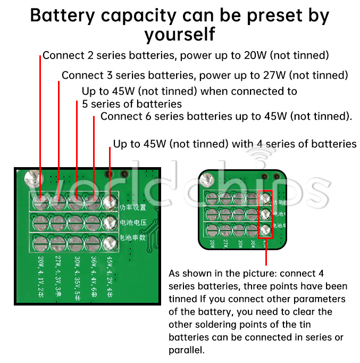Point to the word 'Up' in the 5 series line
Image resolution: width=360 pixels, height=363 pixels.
pos(89,92)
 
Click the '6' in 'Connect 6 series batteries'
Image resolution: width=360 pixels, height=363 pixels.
pos(145,116)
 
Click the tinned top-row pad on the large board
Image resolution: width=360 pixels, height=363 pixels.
pos(110,202)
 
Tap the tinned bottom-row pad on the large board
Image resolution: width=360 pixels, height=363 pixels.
pos(110,241)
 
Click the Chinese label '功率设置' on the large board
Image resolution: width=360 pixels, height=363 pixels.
pos(131,208)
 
